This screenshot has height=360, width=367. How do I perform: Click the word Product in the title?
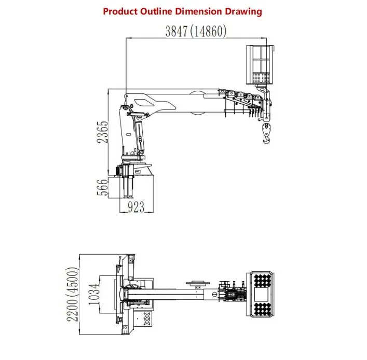click(x=120, y=11)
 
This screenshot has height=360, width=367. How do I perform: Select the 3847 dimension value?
click(x=176, y=31)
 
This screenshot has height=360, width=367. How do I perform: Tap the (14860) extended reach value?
click(x=208, y=31)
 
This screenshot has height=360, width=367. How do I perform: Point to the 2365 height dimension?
click(x=103, y=132)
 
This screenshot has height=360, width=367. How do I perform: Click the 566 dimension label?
click(x=103, y=187)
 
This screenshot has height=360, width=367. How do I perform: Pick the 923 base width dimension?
click(x=136, y=207)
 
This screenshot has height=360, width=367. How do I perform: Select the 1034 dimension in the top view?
click(x=94, y=294)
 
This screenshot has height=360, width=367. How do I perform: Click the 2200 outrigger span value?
click(x=72, y=310)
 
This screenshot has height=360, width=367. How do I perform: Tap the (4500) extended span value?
click(x=72, y=282)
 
